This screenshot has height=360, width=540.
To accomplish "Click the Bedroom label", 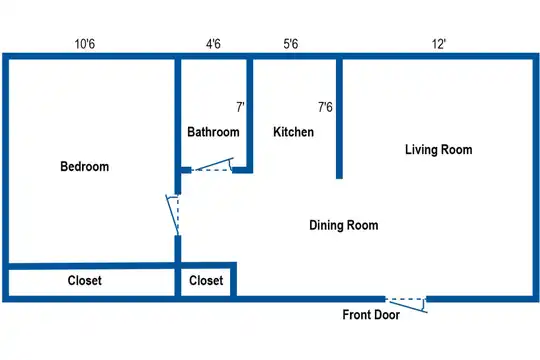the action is (85, 166).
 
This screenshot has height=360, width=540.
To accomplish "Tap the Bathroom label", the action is (213, 132).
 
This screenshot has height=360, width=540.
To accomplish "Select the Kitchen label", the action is (293, 132).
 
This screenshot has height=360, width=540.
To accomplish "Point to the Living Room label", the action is (438, 150).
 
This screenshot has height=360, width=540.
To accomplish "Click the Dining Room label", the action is (344, 225).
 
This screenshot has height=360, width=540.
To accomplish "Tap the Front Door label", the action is (371, 315).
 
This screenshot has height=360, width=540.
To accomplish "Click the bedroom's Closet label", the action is (85, 280).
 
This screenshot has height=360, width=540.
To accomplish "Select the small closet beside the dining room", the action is (206, 280).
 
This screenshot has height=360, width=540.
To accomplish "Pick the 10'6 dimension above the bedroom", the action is (85, 44).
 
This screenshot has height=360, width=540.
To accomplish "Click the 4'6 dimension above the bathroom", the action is (213, 44).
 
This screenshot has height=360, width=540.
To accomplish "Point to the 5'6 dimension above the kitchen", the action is (291, 44).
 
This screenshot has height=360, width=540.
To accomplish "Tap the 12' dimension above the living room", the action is (439, 44).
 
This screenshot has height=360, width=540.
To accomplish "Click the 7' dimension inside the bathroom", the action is (240, 107).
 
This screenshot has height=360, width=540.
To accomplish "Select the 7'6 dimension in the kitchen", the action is (325, 107).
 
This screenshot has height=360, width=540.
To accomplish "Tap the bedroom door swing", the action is (173, 215).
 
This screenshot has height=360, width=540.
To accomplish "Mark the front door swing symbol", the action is (406, 305).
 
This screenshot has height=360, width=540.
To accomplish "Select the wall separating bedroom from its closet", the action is (92, 266).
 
